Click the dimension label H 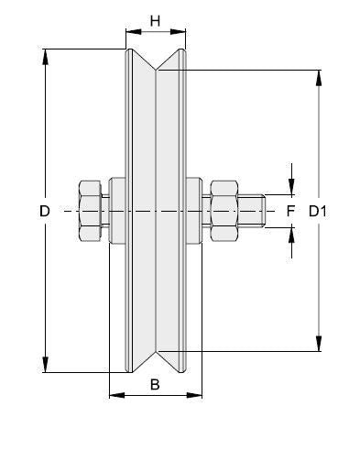click(x=155, y=21)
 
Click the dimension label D click(x=45, y=211)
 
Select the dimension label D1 click(x=318, y=211)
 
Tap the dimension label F click(x=290, y=211)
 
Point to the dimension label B click(x=155, y=384)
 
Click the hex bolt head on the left click(x=91, y=211)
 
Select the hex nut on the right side click(x=224, y=211)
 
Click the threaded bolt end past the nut click(x=251, y=211)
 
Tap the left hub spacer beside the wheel click(x=117, y=211)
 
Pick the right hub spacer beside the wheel click(x=194, y=211)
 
